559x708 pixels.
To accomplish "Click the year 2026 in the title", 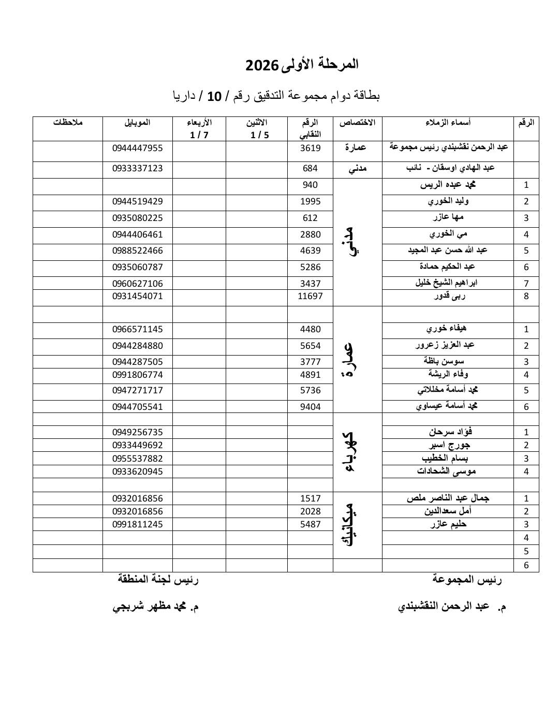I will pos(261,65).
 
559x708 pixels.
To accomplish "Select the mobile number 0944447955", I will pos(137,148).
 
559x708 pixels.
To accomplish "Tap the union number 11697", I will pos(310,297).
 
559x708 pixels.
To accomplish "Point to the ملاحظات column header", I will pos(68,123).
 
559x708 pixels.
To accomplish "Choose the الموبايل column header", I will pos(137,123).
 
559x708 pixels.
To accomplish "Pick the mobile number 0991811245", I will pos(137,524).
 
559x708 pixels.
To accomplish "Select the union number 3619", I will pos(310,148).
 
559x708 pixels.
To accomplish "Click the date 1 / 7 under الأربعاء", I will pos(199,135).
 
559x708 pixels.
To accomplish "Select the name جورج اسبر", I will pos(450,445).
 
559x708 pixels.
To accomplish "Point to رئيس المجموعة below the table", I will pos(467,580).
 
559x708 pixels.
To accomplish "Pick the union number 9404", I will pos(310,407).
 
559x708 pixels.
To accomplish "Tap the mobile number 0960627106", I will pos(137,284).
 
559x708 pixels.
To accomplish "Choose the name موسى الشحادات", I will pos(446,471).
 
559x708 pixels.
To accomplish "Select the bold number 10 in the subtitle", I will pos(214,96).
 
